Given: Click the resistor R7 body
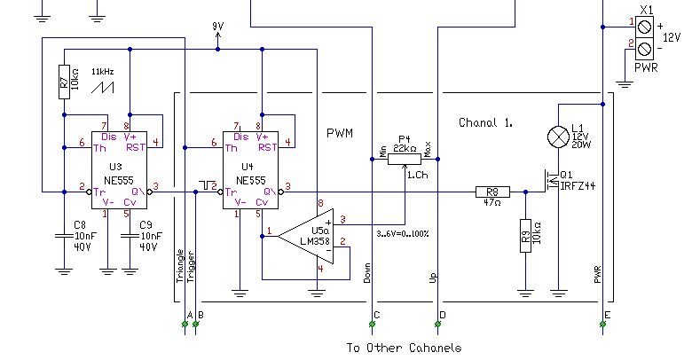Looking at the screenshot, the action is click(64, 82).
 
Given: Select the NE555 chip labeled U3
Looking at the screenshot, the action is click(119, 170).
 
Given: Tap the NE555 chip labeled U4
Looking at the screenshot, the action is click(251, 170).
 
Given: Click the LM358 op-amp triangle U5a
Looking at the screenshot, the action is click(305, 236).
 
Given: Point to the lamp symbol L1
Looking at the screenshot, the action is click(558, 137).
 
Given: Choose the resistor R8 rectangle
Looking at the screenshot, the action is click(492, 192).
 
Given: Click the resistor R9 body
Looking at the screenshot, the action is click(525, 236).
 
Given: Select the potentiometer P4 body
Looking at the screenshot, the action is click(405, 159).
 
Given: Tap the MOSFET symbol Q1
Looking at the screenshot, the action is click(552, 181).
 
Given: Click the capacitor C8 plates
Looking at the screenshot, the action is click(64, 236).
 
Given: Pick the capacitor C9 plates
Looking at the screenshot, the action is click(130, 236).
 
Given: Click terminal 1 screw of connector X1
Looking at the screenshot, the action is click(644, 27).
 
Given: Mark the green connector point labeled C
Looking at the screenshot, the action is click(372, 325).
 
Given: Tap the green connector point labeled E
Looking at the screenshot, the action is click(603, 325).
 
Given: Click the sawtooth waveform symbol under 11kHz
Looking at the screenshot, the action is click(102, 88).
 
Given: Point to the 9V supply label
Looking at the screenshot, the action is click(217, 27).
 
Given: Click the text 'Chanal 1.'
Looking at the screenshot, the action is click(485, 122).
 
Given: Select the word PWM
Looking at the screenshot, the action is click(340, 133).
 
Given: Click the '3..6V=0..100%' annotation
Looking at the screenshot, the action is click(403, 234).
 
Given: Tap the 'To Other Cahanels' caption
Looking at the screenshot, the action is click(404, 348).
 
